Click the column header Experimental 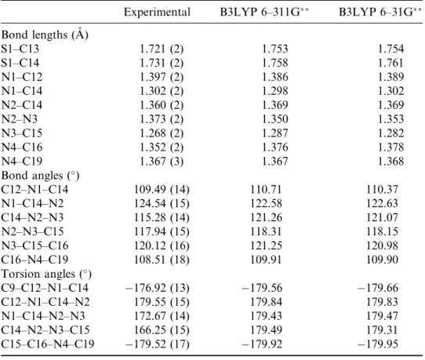(157, 13)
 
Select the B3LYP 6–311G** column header (264, 13)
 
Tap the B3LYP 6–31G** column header (380, 13)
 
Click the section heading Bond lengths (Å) (45, 34)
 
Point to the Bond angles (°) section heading (41, 176)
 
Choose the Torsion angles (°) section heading (46, 274)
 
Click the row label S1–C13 (20, 49)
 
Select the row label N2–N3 (20, 119)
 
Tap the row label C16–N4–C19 (35, 260)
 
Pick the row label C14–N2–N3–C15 (45, 330)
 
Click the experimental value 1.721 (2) (162, 49)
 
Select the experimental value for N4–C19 (162, 162)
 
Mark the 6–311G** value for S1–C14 (275, 63)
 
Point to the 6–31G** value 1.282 (390, 133)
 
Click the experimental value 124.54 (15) (162, 204)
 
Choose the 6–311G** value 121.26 (266, 217)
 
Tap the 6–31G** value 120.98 (382, 245)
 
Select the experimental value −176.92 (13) (158, 288)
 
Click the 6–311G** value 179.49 (266, 330)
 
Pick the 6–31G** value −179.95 (378, 344)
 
